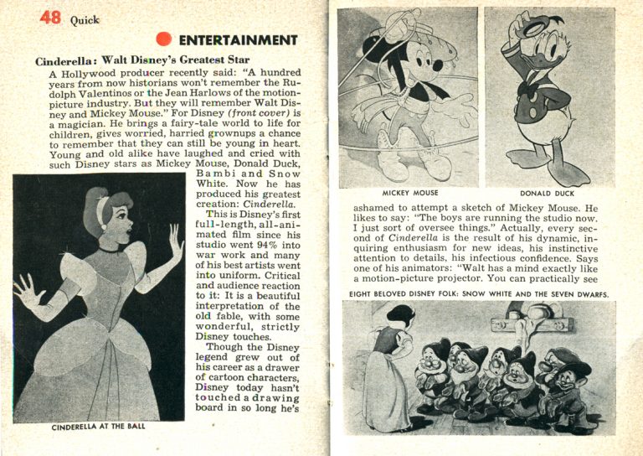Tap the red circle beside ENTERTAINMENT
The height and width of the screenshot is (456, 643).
pyautogui.click(x=164, y=39)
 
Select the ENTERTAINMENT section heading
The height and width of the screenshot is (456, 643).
pyautogui.click(x=238, y=40)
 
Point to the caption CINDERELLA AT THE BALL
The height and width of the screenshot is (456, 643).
pyautogui.click(x=98, y=427)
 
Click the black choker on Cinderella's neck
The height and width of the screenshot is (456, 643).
pyautogui.click(x=109, y=249)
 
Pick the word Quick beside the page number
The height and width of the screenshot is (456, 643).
pyautogui.click(x=85, y=19)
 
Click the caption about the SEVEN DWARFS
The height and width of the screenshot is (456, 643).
pyautogui.click(x=478, y=293)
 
